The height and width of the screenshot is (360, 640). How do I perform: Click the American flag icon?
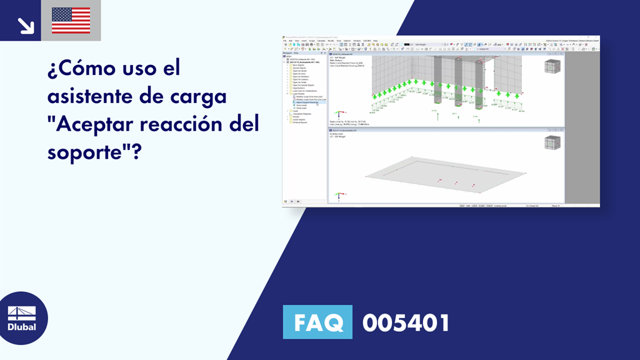71,21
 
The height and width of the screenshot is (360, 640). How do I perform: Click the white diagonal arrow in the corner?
26,24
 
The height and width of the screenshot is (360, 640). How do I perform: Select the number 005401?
406,323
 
